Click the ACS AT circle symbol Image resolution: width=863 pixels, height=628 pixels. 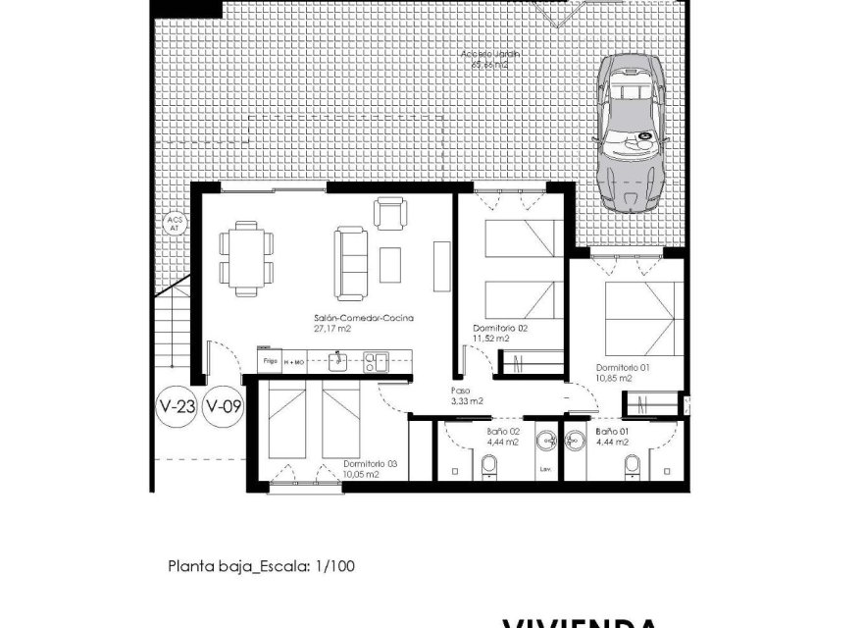(175, 224)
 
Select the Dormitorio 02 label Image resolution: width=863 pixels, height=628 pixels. (500, 328)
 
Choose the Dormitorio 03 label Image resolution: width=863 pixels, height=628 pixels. (370, 464)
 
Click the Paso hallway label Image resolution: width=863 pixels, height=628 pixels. (460, 390)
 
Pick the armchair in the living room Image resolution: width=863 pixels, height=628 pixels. (389, 213)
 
